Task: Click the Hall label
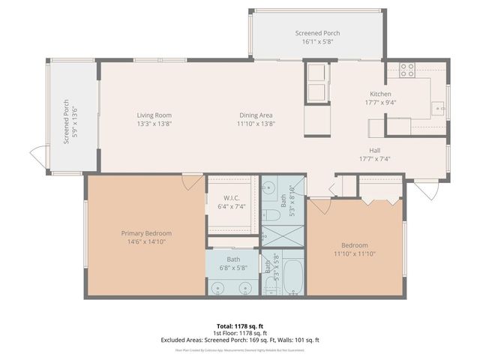click(375, 149)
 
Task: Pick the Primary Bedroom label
click(146, 233)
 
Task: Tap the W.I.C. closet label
click(230, 198)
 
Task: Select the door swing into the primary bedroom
click(192, 181)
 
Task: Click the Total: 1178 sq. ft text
click(239, 325)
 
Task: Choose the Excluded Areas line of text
click(239, 340)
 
